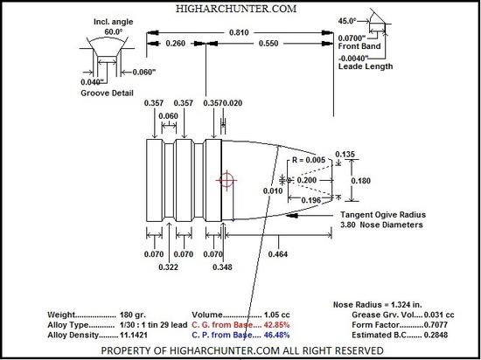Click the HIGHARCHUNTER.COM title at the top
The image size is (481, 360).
(x=236, y=9)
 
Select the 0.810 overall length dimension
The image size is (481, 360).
(x=239, y=32)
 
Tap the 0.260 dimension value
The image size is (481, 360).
(x=176, y=44)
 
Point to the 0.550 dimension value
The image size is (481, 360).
(x=268, y=44)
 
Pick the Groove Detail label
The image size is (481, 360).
(x=107, y=93)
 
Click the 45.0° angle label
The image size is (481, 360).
(x=347, y=21)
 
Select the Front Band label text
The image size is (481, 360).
(x=359, y=46)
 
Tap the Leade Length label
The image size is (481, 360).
(x=366, y=66)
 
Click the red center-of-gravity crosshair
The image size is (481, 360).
(x=227, y=180)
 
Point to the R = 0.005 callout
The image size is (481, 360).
(x=309, y=160)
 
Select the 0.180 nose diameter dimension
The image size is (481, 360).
(x=360, y=181)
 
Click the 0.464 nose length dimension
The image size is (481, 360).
(x=278, y=254)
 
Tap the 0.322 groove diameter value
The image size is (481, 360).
(x=169, y=267)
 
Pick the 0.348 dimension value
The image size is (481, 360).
(x=222, y=267)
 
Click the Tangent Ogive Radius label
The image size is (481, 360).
(x=383, y=215)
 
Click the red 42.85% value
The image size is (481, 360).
(x=276, y=325)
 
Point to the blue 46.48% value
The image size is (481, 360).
(x=276, y=335)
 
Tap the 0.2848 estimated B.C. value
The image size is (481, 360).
(x=436, y=335)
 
